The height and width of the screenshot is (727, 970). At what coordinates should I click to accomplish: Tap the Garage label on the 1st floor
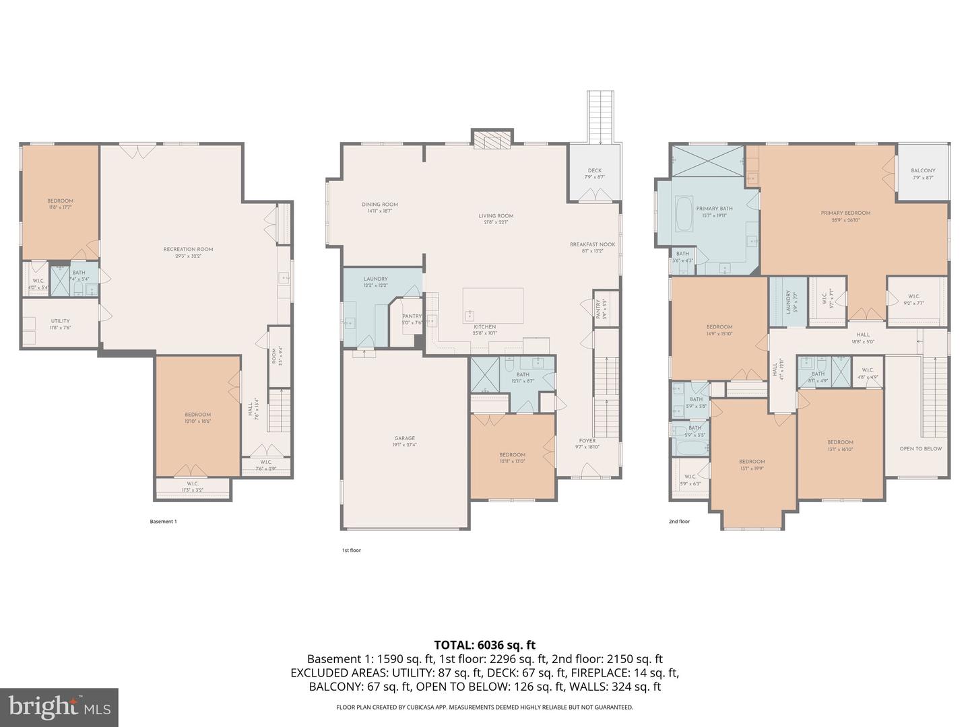pyautogui.click(x=404, y=438)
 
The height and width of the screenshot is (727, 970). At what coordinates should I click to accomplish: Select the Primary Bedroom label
pyautogui.click(x=845, y=213)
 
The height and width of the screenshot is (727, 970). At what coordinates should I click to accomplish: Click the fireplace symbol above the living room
pyautogui.click(x=491, y=138)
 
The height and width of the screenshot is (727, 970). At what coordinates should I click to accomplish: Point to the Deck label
pyautogui.click(x=594, y=170)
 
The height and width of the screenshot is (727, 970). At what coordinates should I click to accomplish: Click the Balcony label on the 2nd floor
pyautogui.click(x=923, y=170)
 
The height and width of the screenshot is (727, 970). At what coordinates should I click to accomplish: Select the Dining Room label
pyautogui.click(x=380, y=205)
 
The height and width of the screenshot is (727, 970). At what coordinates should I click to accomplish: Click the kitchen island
pyautogui.click(x=492, y=305)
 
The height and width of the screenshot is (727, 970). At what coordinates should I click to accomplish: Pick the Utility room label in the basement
pyautogui.click(x=60, y=321)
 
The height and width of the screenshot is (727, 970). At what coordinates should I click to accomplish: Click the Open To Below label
pyautogui.click(x=920, y=448)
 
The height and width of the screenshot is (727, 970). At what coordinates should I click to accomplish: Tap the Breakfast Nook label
pyautogui.click(x=592, y=244)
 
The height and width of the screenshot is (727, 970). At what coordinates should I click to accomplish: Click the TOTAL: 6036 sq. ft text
pyautogui.click(x=485, y=645)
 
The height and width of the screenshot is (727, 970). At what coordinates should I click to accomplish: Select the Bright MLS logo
pyautogui.click(x=59, y=707)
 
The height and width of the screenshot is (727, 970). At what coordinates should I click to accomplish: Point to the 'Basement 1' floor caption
pyautogui.click(x=162, y=521)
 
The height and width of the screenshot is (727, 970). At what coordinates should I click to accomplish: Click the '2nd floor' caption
pyautogui.click(x=679, y=521)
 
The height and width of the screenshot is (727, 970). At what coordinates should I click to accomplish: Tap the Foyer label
pyautogui.click(x=587, y=441)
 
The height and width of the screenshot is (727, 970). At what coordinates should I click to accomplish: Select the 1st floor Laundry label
pyautogui.click(x=375, y=279)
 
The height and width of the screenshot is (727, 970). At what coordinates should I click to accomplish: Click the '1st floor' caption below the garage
pyautogui.click(x=351, y=550)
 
